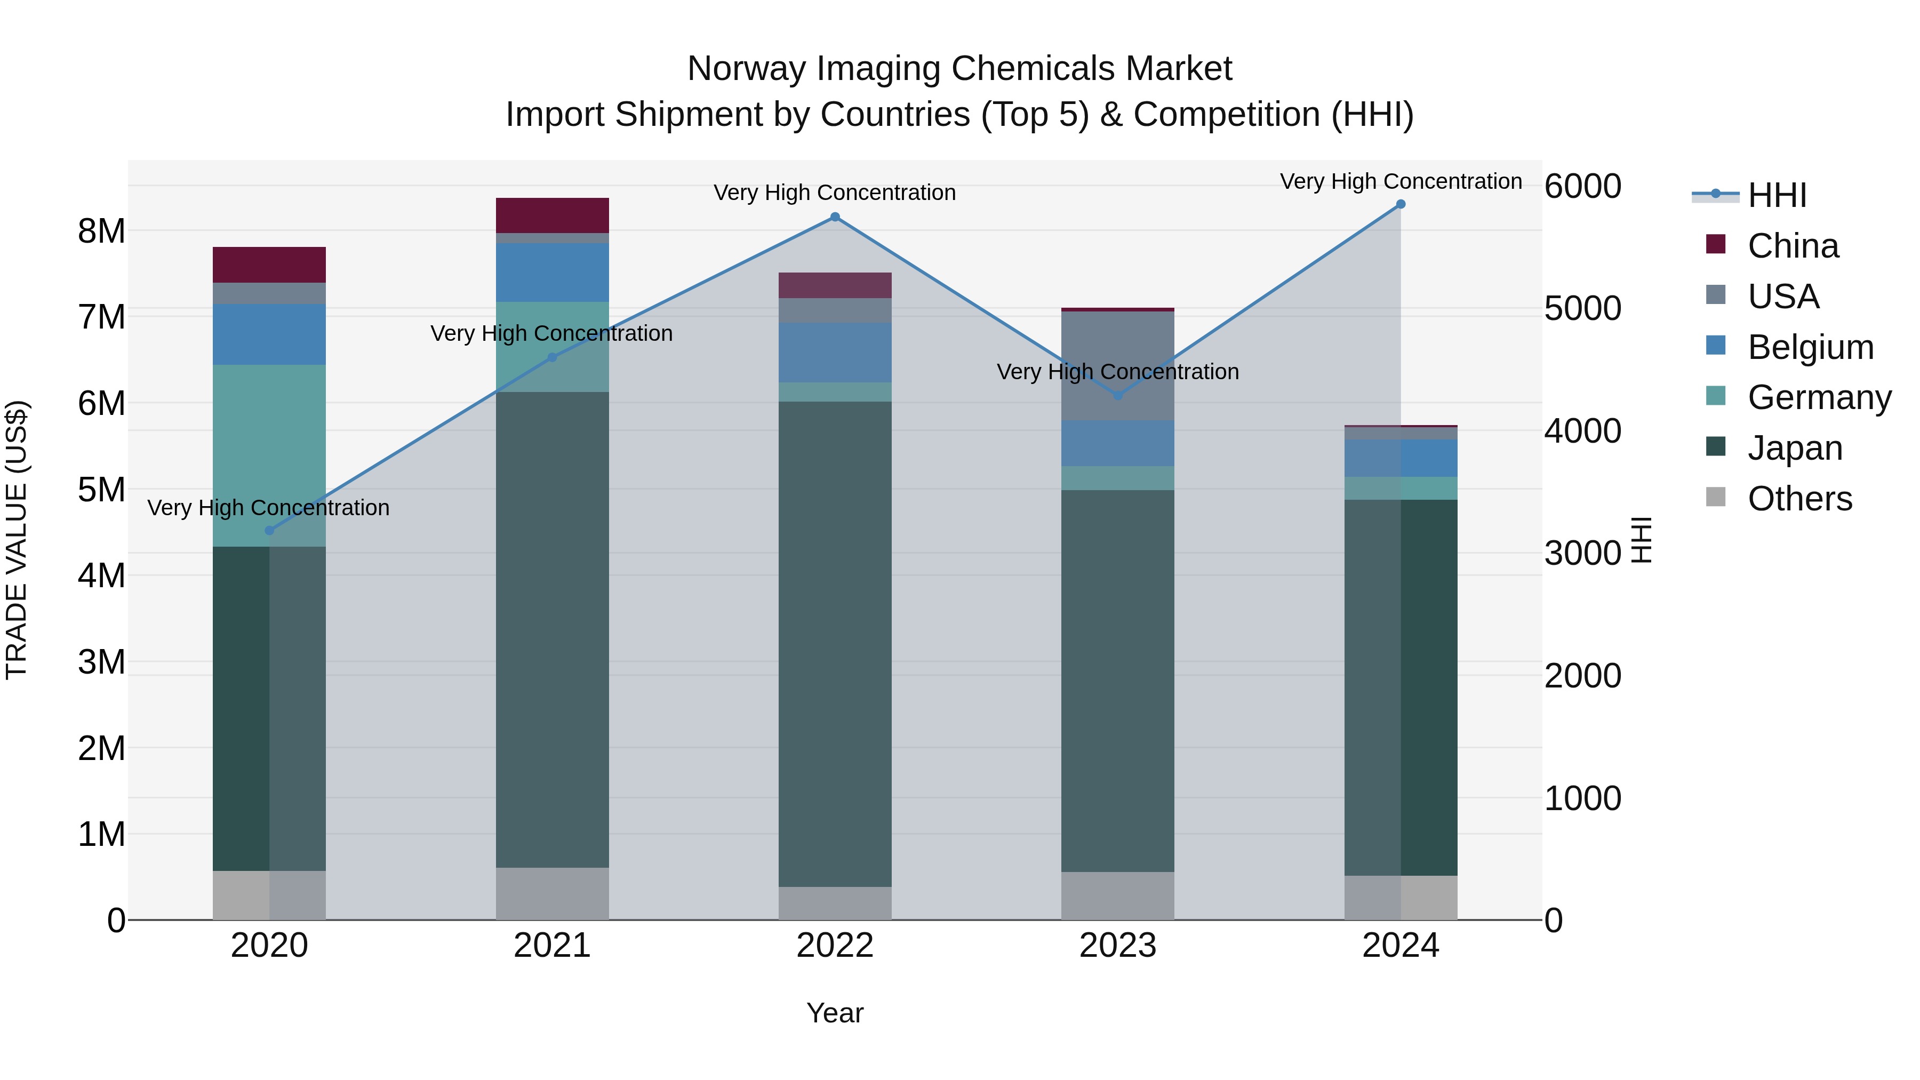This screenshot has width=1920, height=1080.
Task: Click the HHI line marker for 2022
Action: click(x=835, y=217)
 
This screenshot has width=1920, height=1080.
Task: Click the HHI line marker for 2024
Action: click(x=1401, y=204)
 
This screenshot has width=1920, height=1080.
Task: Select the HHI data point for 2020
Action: click(x=270, y=531)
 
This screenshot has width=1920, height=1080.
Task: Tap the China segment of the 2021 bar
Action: click(x=553, y=215)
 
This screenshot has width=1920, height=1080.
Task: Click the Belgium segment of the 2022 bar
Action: click(x=835, y=352)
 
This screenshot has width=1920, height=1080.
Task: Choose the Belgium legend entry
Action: click(x=1809, y=347)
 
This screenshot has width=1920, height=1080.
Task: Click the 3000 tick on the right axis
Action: click(x=1582, y=553)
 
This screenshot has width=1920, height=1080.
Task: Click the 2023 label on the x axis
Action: click(x=1117, y=945)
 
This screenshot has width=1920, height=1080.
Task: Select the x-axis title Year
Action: click(x=835, y=1013)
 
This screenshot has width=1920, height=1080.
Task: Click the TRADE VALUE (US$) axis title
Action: click(x=17, y=540)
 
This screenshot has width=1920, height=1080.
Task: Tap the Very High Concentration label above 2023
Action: click(x=1117, y=371)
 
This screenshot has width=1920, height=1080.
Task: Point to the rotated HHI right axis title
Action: click(x=1642, y=540)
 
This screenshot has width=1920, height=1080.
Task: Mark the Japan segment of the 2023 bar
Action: click(x=1117, y=680)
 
